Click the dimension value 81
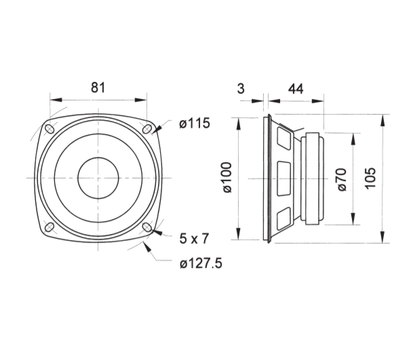coord(98,87)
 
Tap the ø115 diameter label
coord(195,123)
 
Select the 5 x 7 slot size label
coord(194,239)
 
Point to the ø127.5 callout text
coord(201,264)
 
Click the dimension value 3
coord(241,89)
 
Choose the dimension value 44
coord(296,89)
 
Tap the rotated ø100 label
coord(227,178)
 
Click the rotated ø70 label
coord(342,180)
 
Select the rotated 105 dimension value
coord(370,178)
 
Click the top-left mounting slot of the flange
coord(49,129)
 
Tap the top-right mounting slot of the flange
coord(147,129)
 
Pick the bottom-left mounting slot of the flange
coord(49,227)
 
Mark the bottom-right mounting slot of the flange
coord(147,227)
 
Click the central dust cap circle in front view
coord(98,178)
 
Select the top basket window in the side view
coord(283,138)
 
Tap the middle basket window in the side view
coord(283,178)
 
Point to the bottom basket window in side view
coord(283,218)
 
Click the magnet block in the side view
coord(313,178)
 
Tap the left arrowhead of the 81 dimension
coord(56,100)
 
